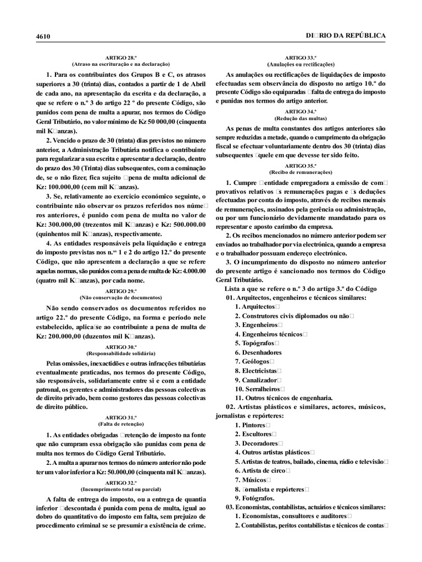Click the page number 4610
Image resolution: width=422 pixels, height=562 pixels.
coord(43,36)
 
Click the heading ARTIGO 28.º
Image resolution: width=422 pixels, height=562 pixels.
coord(120,58)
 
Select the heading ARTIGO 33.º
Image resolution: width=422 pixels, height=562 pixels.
coord(300,58)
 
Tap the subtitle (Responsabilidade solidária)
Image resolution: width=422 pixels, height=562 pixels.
coord(120,353)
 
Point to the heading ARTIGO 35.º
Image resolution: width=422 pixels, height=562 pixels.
coord(300,165)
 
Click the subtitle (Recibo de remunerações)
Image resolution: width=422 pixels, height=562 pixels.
coord(300,172)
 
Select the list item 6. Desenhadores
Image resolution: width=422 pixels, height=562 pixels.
coord(258,352)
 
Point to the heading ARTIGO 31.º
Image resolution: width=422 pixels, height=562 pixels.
coord(120,417)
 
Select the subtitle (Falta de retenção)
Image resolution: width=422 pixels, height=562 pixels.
coord(120,424)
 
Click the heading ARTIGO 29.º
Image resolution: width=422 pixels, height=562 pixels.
coord(120,290)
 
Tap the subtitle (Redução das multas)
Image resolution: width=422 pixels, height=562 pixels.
coord(300,118)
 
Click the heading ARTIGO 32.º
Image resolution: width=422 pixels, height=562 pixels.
coord(120,481)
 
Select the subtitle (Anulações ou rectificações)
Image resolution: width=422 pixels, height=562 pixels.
coord(300,64)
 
